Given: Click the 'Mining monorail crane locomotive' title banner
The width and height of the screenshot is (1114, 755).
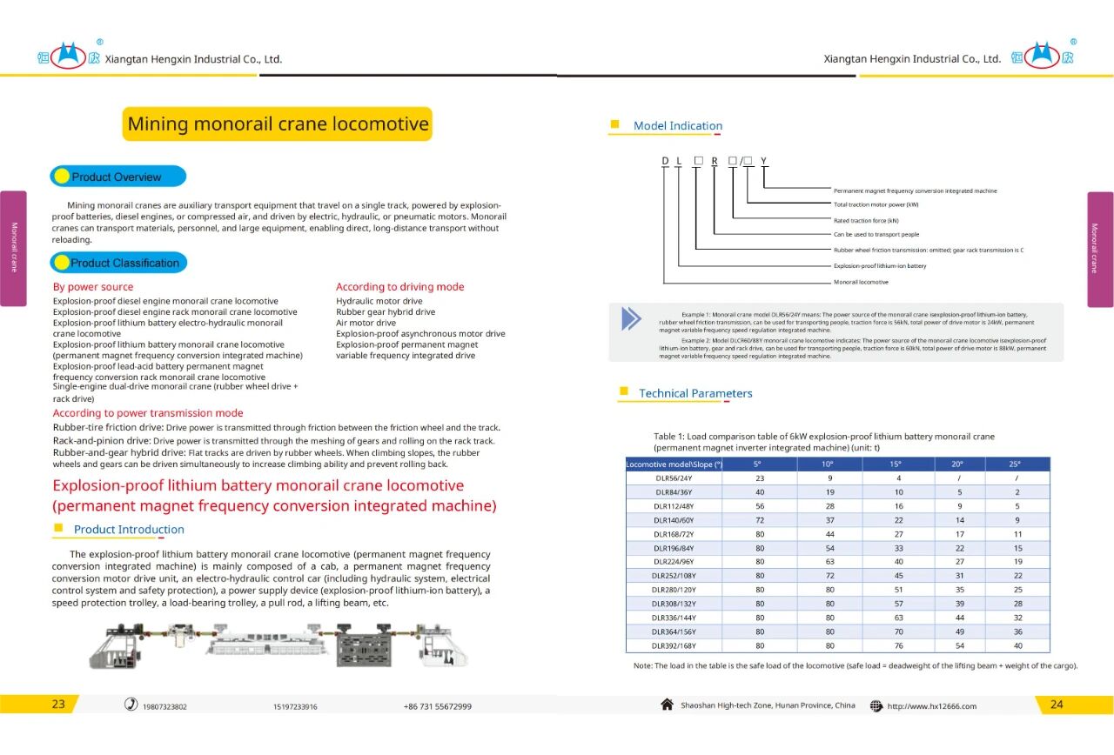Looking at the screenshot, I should point(278,124).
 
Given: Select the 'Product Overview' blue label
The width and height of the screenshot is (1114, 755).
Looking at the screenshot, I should point(117,177).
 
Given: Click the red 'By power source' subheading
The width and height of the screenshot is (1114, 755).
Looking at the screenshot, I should point(93,287).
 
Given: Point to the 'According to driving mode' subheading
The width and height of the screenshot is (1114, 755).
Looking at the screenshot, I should point(399,287).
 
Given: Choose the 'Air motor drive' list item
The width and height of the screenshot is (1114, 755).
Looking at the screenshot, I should point(366,323).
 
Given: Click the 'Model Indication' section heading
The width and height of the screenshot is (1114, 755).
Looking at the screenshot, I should point(677,126).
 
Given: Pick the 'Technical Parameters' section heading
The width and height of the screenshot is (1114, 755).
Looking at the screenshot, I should point(695,393).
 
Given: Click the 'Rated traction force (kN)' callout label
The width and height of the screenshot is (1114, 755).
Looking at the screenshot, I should point(866,220).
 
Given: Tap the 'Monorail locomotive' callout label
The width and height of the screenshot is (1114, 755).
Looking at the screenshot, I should point(861,282).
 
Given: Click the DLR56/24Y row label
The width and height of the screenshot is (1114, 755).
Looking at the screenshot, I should point(674,478).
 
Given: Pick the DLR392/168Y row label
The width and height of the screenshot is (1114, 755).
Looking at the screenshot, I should point(674,646).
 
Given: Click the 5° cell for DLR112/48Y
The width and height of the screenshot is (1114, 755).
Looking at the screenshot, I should point(760,506).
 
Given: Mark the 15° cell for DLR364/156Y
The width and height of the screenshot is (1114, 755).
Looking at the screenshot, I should point(899,632).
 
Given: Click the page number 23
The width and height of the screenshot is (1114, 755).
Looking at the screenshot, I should point(58,705).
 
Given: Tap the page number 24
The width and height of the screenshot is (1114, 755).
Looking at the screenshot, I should point(1057,705).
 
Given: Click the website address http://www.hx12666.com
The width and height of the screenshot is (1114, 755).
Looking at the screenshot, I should point(931,706).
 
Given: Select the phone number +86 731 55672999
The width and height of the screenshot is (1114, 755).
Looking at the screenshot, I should point(437,706).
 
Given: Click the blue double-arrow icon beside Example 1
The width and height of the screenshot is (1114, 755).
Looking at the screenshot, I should point(631,318).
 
